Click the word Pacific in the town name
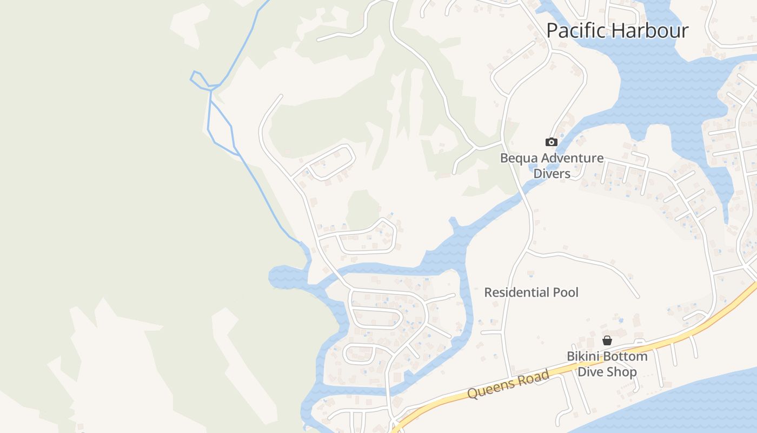[575, 30]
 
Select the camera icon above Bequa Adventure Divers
[551, 142]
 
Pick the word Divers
[552, 174]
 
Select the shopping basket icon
[607, 340]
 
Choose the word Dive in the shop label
[590, 372]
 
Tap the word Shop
[622, 372]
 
